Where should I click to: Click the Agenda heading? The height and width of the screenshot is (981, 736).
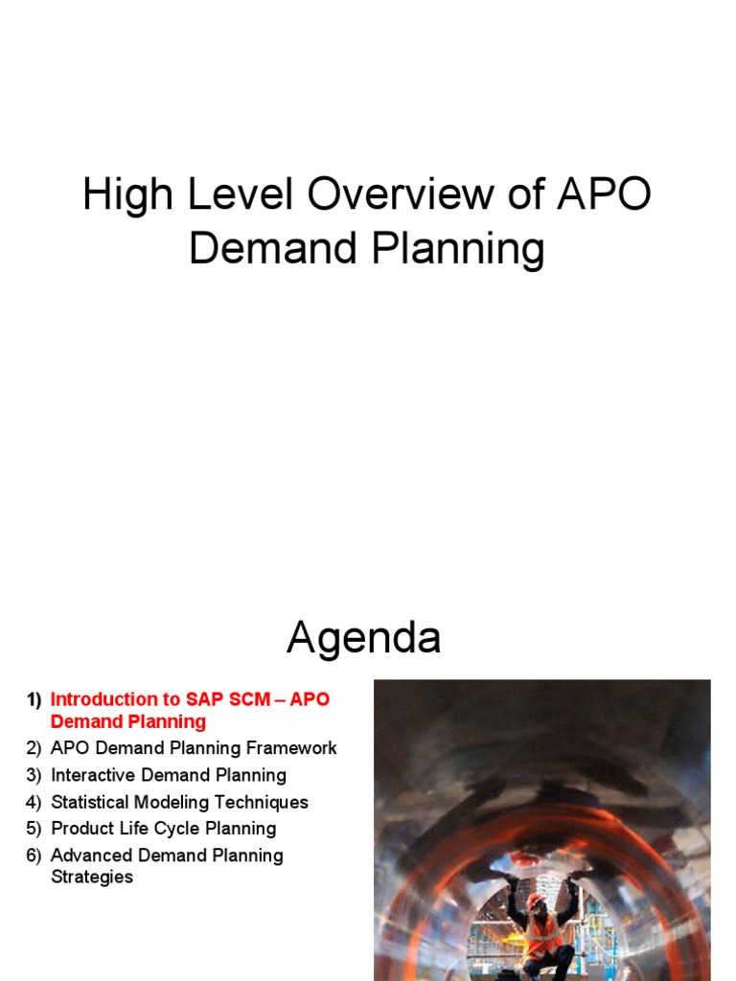[x=364, y=638]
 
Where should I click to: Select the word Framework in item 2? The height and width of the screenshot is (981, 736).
[x=290, y=748]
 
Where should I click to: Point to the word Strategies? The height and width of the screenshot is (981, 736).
[x=92, y=877]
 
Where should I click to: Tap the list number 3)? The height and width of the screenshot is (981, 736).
[x=34, y=775]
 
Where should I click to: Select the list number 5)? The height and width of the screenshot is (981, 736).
[x=34, y=829]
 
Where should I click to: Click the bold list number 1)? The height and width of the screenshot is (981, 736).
[x=34, y=699]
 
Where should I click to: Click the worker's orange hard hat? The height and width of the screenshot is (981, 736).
[x=536, y=901]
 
